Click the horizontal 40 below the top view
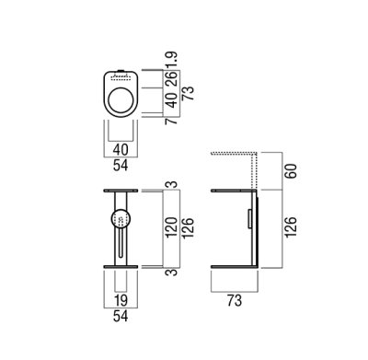121,148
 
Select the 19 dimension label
121,301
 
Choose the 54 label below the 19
121,318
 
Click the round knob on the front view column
120,219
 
